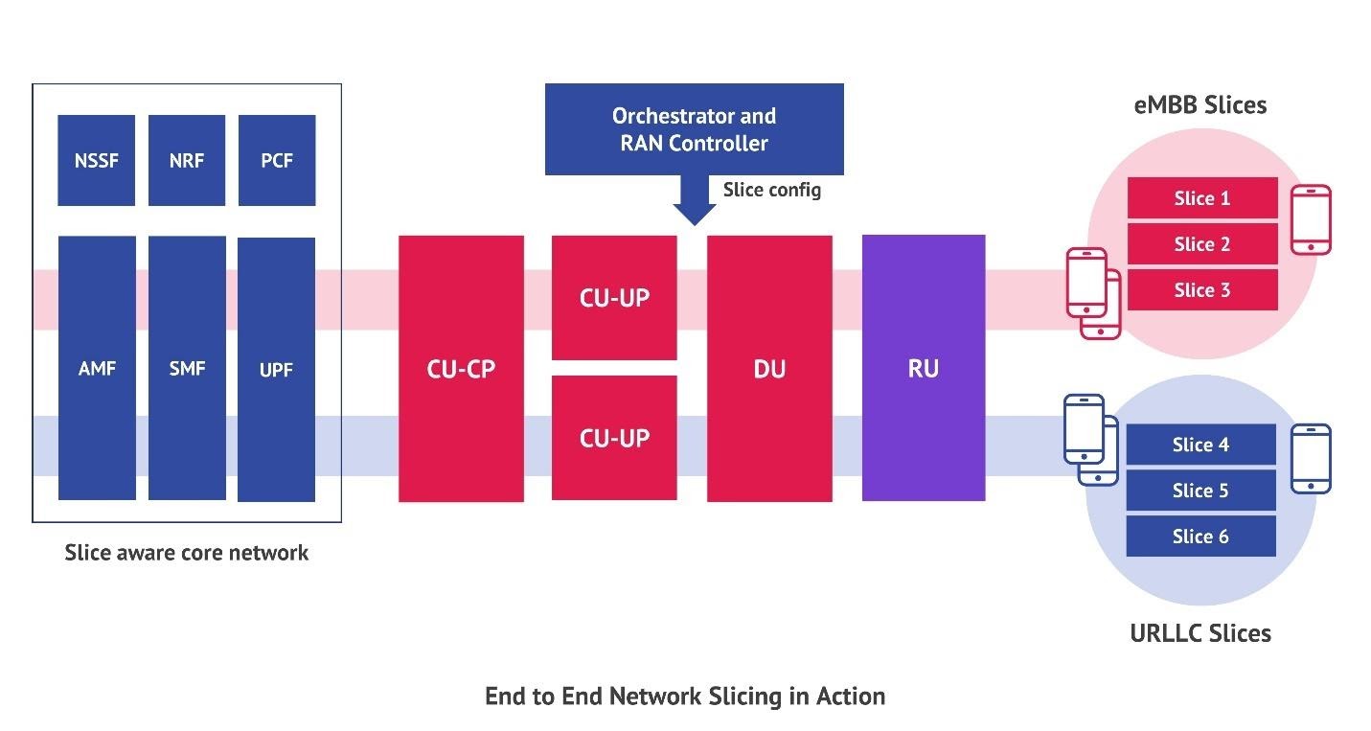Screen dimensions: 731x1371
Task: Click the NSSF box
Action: [x=96, y=160]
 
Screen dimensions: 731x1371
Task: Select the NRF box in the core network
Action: [x=186, y=160]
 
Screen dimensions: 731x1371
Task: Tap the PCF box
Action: [x=276, y=160]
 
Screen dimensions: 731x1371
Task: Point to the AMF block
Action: [x=96, y=368]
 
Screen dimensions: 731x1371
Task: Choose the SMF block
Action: [x=186, y=368]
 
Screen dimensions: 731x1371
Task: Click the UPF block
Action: [x=276, y=369]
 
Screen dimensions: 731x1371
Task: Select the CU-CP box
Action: [x=461, y=368]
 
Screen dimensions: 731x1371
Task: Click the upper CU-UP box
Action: [x=614, y=297]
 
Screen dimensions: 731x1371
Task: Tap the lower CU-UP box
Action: [x=614, y=438]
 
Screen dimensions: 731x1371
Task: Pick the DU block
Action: [x=769, y=368]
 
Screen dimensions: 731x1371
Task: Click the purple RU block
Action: [x=924, y=368]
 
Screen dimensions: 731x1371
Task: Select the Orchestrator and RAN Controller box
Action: [x=694, y=129]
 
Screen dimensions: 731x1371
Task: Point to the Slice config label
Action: [x=771, y=190]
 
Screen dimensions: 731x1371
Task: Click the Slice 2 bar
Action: [x=1201, y=244]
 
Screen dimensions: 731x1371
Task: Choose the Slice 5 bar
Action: [x=1200, y=491]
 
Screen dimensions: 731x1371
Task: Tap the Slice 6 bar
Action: [x=1200, y=537]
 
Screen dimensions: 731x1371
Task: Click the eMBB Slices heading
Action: [x=1200, y=105]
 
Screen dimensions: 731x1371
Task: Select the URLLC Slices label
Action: [x=1200, y=633]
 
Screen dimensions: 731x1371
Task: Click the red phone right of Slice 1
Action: [x=1311, y=219]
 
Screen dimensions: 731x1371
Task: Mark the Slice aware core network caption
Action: [x=187, y=553]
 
